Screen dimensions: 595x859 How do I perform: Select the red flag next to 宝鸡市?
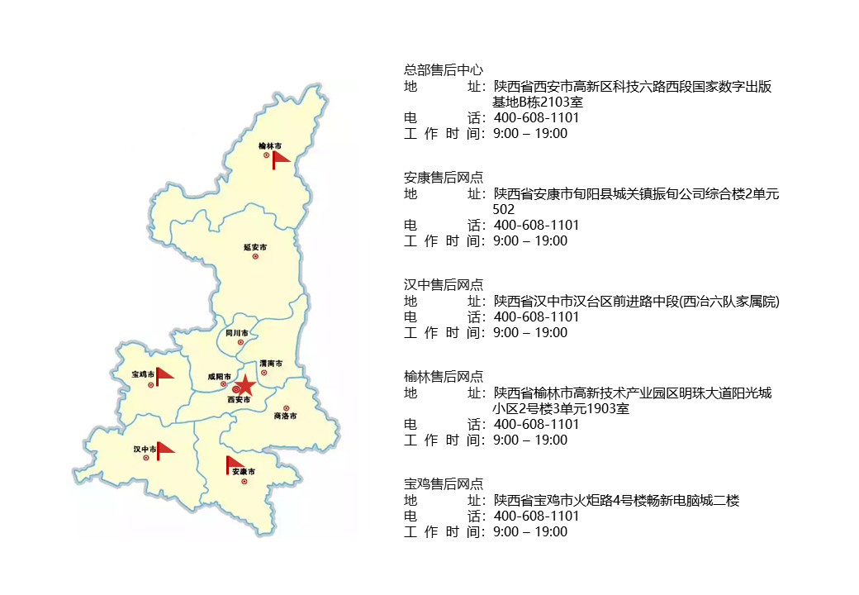(x=164, y=376)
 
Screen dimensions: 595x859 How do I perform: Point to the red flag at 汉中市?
(x=165, y=449)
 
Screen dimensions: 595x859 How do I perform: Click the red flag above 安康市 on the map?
(x=234, y=464)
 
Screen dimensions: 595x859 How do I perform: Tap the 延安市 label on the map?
(x=255, y=246)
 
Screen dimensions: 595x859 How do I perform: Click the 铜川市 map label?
(x=237, y=332)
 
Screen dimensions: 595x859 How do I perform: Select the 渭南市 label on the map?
(x=271, y=363)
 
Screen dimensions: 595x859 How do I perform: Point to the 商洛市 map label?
(x=285, y=416)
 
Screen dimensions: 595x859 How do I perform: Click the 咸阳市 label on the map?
(x=220, y=376)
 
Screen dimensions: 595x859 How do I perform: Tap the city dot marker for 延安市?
(x=255, y=256)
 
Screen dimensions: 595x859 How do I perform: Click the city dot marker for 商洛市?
(x=287, y=407)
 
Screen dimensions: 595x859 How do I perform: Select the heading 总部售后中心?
(x=444, y=70)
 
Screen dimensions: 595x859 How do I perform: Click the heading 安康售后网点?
(x=444, y=178)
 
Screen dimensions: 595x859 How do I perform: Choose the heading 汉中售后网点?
(x=444, y=285)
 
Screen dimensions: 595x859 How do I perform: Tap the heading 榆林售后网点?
(x=444, y=377)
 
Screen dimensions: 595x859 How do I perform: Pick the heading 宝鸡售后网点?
(x=444, y=484)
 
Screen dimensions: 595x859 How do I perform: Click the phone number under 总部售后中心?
(x=536, y=117)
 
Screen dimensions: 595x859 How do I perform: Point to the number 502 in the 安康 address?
(x=503, y=210)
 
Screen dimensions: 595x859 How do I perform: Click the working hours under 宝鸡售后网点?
(x=529, y=531)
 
